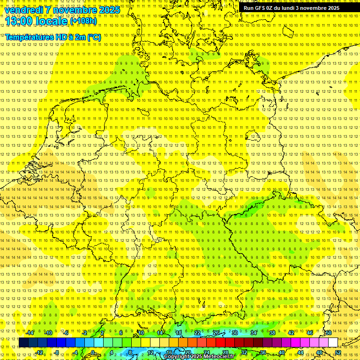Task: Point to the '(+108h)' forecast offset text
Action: (83, 21)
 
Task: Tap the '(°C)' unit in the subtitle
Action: (93, 37)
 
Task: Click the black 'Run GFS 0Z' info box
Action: (291, 8)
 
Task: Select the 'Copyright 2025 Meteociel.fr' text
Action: (199, 357)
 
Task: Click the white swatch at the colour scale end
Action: (333, 343)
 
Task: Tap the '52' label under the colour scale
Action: (338, 352)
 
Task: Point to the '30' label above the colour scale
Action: (235, 333)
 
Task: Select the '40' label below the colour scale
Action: (281, 352)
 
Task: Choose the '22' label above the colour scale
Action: (197, 333)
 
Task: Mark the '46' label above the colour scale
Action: (309, 333)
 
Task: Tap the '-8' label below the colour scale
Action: (57, 352)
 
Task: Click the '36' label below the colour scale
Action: (262, 352)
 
